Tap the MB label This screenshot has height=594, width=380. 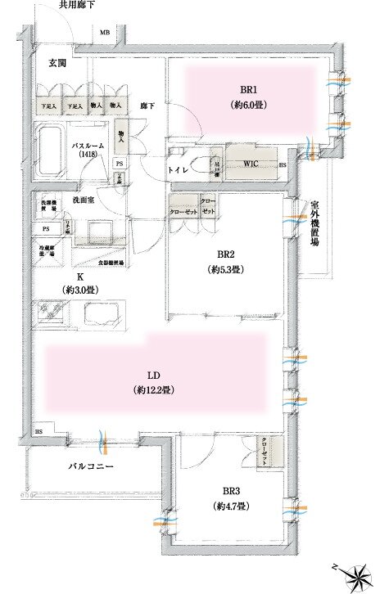[104, 33]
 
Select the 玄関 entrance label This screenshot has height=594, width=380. [57, 64]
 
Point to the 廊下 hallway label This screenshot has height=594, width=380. [147, 106]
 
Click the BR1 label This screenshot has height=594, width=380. [251, 91]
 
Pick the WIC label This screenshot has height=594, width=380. [251, 163]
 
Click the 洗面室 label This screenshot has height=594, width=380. [84, 200]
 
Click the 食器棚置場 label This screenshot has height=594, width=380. [111, 263]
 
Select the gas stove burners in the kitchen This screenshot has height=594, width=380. [51, 313]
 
